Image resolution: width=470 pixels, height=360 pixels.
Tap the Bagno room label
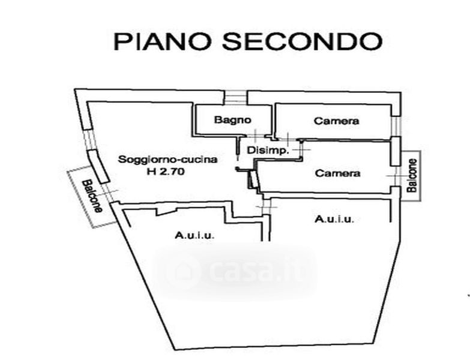point(233,120)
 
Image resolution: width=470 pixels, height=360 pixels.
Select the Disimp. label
point(268,150)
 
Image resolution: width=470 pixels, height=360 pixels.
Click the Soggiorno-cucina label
point(167,159)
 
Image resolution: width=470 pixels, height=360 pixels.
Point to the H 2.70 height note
point(165,172)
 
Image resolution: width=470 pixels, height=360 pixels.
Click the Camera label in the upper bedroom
point(336,121)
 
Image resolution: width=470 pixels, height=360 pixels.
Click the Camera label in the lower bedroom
point(337,173)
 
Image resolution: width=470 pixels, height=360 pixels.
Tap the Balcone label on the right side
point(412,175)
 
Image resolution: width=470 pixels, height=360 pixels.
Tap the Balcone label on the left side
point(92,196)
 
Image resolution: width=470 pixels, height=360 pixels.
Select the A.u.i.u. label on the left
point(194,235)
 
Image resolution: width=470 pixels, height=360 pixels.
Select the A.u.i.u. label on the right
point(334,219)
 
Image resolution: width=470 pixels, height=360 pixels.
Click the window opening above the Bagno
point(236,98)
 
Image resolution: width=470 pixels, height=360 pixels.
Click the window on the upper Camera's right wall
point(396,126)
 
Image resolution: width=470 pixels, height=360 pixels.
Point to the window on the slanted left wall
point(89,140)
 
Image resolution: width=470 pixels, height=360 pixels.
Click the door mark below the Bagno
point(255,136)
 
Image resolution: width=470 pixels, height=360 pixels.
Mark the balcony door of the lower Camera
point(396,176)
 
